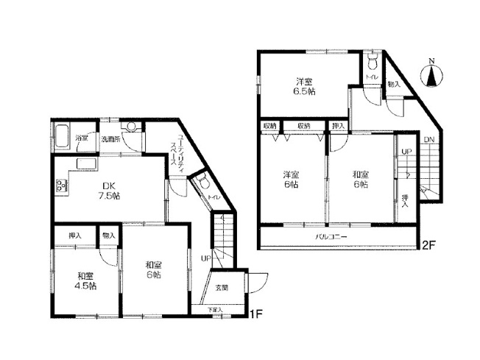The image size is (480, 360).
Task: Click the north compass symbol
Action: pos(432,74)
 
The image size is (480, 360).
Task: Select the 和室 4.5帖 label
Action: pos(83,280)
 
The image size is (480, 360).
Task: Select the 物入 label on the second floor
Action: pos(395,85)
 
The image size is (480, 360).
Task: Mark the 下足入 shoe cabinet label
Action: pos(213,310)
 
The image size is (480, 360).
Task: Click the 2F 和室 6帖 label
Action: pos(361,180)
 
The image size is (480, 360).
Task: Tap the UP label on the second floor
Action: pos(406,152)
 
